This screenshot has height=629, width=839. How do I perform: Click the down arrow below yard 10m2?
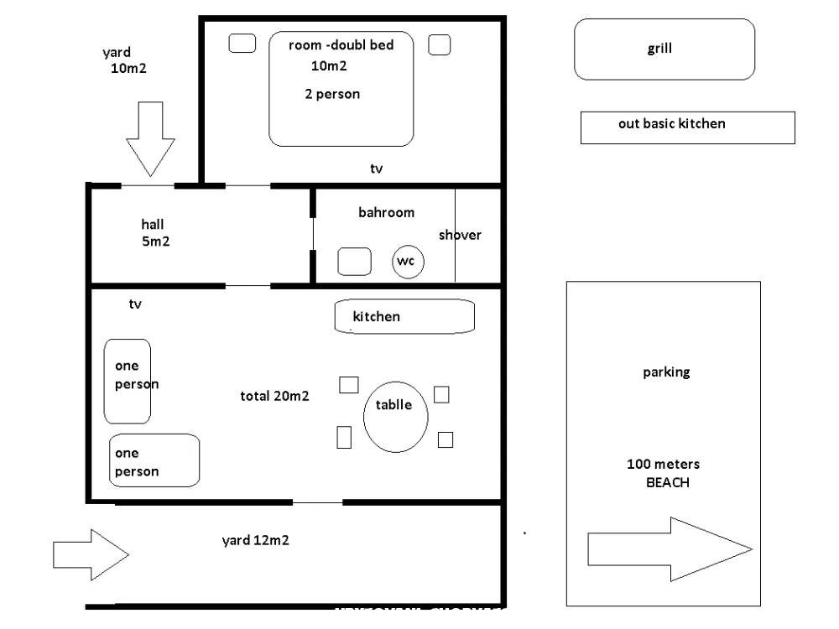pos(150,139)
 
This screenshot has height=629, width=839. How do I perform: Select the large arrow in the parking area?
pos(670,549)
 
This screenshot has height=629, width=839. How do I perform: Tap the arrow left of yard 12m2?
pos(91,554)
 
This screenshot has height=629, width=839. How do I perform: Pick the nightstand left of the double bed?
pos(242,44)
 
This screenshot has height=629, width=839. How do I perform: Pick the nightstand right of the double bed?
pos(440,44)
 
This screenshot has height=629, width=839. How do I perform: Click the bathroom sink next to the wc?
pos(354,262)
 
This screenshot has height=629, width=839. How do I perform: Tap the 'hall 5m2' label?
pos(155,232)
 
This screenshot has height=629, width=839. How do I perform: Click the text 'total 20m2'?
pos(274,396)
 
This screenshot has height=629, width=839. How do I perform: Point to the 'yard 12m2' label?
pos(255,540)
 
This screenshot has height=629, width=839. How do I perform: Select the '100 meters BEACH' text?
pos(664,473)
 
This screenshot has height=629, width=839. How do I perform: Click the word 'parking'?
pos(666,372)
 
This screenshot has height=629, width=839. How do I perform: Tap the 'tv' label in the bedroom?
pos(376,169)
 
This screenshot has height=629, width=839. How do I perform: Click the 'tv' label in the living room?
pos(135,304)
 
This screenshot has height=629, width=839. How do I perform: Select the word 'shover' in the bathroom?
pos(460,235)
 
